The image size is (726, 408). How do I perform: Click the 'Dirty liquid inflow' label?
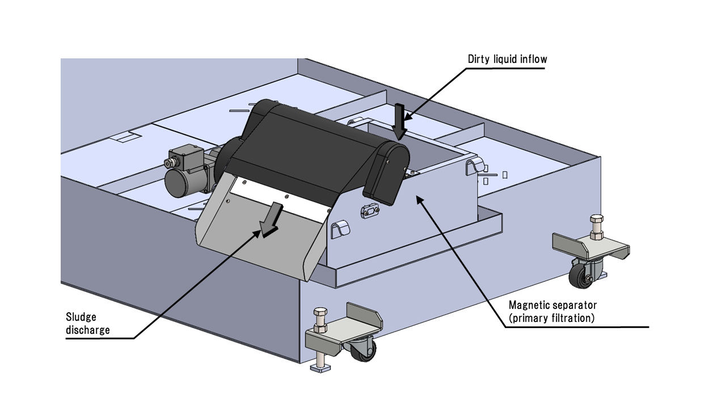click(507, 59)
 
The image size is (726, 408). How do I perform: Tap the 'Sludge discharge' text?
click(88, 324)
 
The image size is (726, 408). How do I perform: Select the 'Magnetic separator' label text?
click(552, 305)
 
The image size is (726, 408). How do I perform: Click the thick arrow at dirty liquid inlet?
click(400, 121)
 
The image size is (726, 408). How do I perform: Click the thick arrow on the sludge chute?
click(271, 218)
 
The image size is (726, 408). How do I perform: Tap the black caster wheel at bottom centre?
click(362, 351)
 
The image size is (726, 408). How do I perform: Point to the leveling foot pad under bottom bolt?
click(322, 369)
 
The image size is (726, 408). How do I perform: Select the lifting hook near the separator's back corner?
click(474, 167)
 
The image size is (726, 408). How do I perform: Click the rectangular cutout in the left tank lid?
click(127, 138)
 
